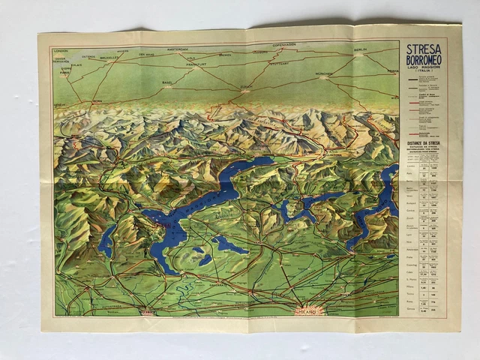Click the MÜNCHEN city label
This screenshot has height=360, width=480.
click(325, 73)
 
